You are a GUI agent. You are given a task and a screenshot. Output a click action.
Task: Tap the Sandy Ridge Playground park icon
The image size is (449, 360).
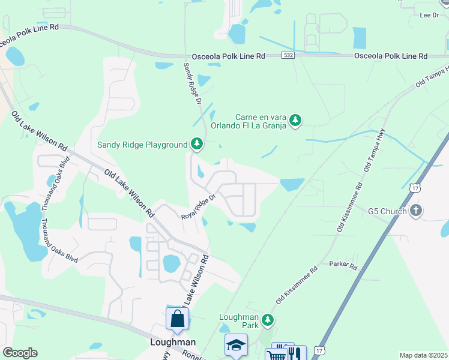[x=196, y=144]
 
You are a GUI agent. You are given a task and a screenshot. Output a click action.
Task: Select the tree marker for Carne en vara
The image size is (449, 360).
[x=295, y=121]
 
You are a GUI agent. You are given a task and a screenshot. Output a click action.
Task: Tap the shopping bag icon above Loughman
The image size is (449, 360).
[x=177, y=319]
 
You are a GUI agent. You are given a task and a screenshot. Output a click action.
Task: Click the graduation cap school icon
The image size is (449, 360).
[x=236, y=345]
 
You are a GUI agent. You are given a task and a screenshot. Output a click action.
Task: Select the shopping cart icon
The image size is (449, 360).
[x=276, y=355]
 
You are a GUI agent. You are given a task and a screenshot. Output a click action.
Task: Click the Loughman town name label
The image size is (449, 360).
[x=172, y=342]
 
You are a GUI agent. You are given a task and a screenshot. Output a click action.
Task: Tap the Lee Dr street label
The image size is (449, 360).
[x=430, y=15]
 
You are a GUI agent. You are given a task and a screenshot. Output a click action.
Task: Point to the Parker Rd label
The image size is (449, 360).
[x=343, y=264]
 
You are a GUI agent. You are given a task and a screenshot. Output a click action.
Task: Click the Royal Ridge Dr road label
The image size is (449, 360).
[x=198, y=208]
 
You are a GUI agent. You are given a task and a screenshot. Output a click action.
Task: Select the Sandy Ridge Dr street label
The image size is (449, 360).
[x=191, y=83]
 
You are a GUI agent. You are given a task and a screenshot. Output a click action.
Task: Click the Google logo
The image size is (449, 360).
[x=20, y=353]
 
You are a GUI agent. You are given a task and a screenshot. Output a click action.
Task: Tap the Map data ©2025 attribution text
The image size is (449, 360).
[x=423, y=355]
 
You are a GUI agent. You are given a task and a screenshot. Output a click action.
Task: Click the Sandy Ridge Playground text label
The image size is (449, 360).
[x=143, y=145]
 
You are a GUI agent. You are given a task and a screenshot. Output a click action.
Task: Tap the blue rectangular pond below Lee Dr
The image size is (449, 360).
[x=360, y=38]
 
